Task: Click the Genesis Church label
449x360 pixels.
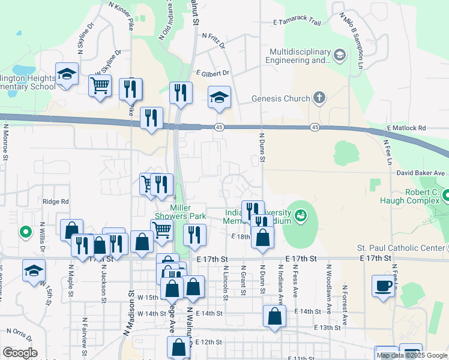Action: tap(280, 99)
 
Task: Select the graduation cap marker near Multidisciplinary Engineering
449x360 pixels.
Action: tap(340, 56)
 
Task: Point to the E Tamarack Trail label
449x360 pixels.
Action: tap(297, 23)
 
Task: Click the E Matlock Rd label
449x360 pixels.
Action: tap(406, 128)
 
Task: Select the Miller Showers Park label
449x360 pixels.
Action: tap(187, 212)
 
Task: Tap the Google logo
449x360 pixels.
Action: tap(20, 352)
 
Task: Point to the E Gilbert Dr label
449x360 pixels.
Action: tap(212, 73)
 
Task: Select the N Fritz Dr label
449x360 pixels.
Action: tap(214, 40)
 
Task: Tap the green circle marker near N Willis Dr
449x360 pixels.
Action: tap(25, 231)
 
